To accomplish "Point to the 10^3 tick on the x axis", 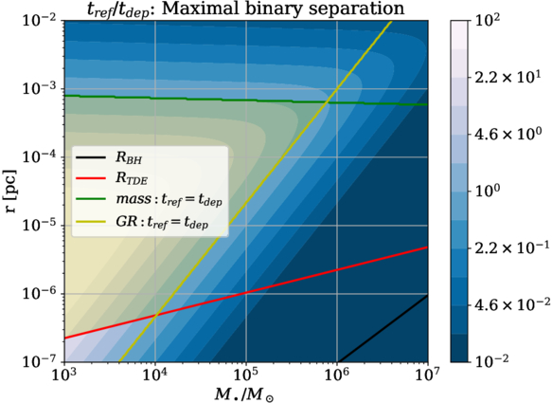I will (x=64, y=376).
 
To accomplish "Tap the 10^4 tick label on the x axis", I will (x=155, y=376).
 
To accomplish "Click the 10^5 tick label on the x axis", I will (x=246, y=376).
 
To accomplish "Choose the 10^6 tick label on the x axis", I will (x=337, y=376).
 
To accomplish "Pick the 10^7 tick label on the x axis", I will (x=427, y=376).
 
